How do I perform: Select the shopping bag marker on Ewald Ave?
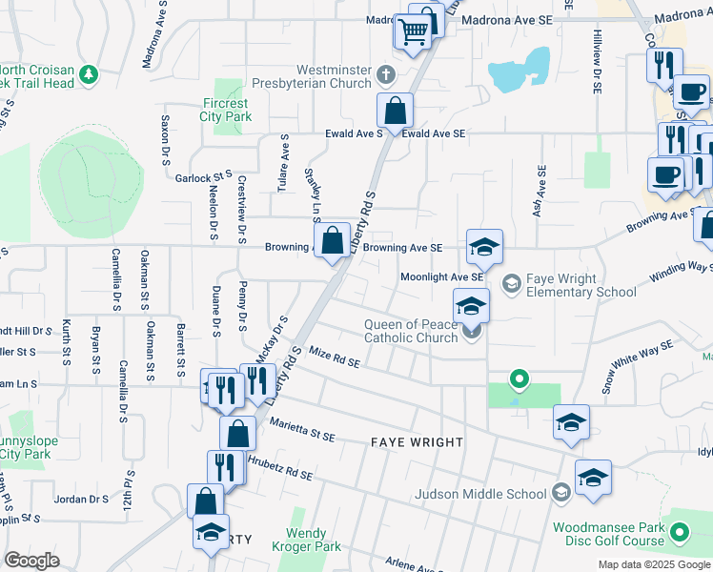click(x=395, y=112)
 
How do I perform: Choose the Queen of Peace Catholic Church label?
click(x=412, y=331)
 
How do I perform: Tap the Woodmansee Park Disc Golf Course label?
click(x=608, y=534)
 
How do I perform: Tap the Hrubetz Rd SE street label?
click(x=279, y=465)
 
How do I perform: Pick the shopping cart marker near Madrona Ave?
click(x=413, y=34)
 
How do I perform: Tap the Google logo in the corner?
click(x=31, y=561)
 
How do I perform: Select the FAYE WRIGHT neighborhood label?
click(x=418, y=443)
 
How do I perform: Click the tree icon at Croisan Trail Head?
click(x=89, y=73)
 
